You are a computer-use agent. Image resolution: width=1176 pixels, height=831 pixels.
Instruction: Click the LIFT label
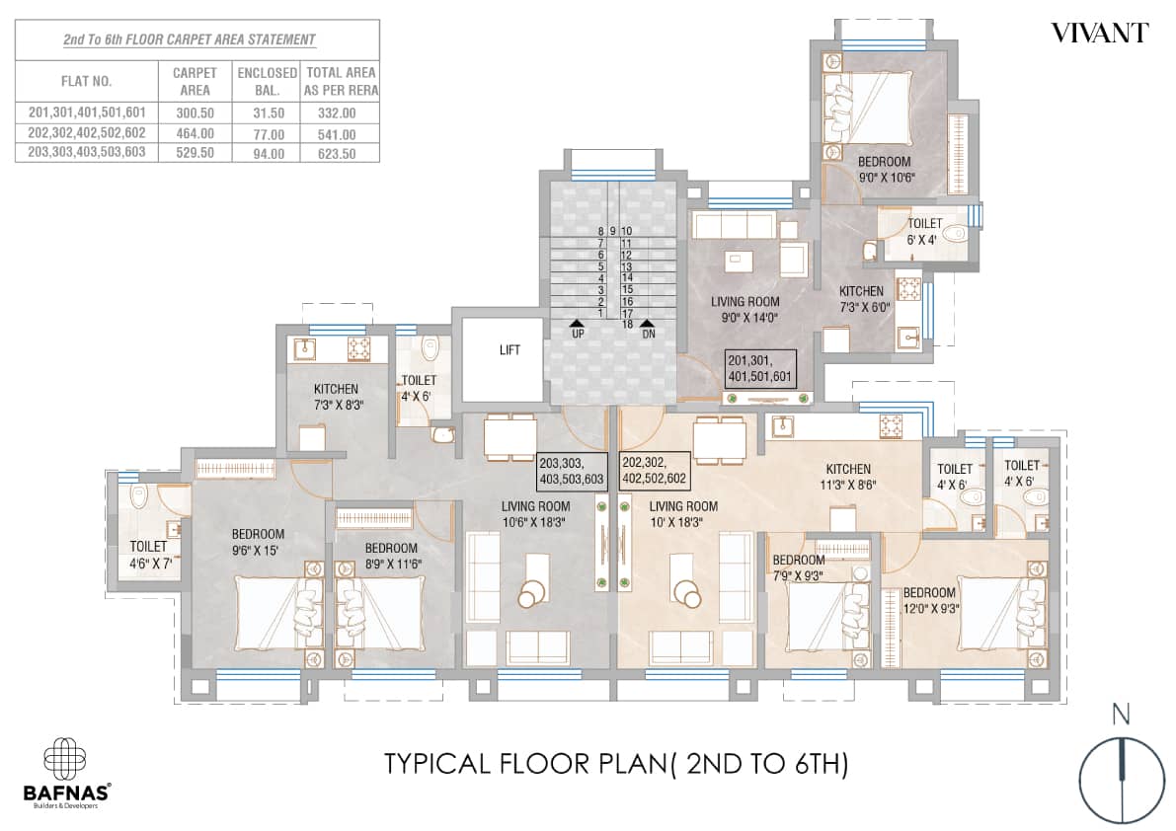pyautogui.click(x=510, y=350)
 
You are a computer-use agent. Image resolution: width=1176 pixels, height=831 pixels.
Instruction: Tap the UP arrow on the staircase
pyautogui.click(x=579, y=323)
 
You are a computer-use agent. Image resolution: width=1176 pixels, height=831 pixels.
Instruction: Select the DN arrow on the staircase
pyautogui.click(x=646, y=323)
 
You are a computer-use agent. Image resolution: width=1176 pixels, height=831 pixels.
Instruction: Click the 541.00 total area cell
pyautogui.click(x=337, y=135)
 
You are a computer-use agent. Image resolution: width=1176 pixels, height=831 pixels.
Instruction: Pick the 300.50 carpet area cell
pyautogui.click(x=195, y=113)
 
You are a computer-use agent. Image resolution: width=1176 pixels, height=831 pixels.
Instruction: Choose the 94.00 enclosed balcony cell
pyautogui.click(x=269, y=154)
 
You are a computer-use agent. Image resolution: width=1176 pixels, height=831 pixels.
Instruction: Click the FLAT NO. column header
pyautogui.click(x=86, y=81)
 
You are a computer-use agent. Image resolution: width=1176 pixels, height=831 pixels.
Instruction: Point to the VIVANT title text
pyautogui.click(x=1100, y=34)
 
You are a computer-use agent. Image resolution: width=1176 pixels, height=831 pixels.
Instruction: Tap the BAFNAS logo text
pyautogui.click(x=67, y=792)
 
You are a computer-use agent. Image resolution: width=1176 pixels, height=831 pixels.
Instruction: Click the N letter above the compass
pyautogui.click(x=1121, y=715)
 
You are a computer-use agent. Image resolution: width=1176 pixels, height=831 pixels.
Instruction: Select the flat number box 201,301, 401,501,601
pyautogui.click(x=759, y=369)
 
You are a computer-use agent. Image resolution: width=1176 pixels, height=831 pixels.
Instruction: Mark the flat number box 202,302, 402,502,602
pyautogui.click(x=654, y=471)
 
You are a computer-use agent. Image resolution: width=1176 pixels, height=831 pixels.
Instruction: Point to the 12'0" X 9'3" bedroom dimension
pyautogui.click(x=930, y=609)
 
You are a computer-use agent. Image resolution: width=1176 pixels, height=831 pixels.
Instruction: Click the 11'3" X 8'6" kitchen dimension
pyautogui.click(x=848, y=485)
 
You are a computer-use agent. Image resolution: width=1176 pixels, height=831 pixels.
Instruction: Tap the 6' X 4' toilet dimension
pyautogui.click(x=921, y=241)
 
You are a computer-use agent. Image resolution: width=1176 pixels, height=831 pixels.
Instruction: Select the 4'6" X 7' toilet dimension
pyautogui.click(x=151, y=563)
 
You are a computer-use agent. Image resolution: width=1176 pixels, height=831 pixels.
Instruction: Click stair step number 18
pyautogui.click(x=627, y=325)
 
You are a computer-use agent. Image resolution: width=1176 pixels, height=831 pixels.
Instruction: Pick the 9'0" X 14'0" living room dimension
pyautogui.click(x=745, y=318)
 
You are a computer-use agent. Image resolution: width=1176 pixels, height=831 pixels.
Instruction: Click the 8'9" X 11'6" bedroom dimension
pyautogui.click(x=393, y=564)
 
